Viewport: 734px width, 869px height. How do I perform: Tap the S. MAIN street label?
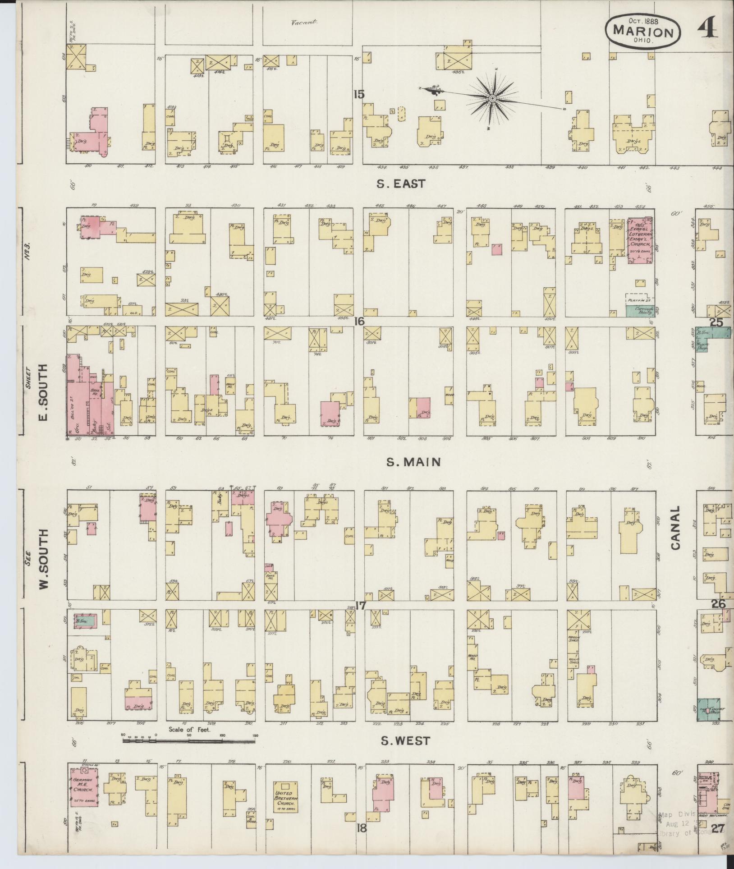(413, 462)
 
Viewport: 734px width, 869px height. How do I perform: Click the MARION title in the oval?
(643, 32)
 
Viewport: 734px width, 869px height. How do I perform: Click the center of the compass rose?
(493, 98)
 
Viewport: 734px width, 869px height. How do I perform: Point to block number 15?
(359, 95)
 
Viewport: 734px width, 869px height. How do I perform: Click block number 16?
(359, 322)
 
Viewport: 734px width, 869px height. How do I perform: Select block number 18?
(361, 828)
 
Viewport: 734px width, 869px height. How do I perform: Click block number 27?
(718, 828)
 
